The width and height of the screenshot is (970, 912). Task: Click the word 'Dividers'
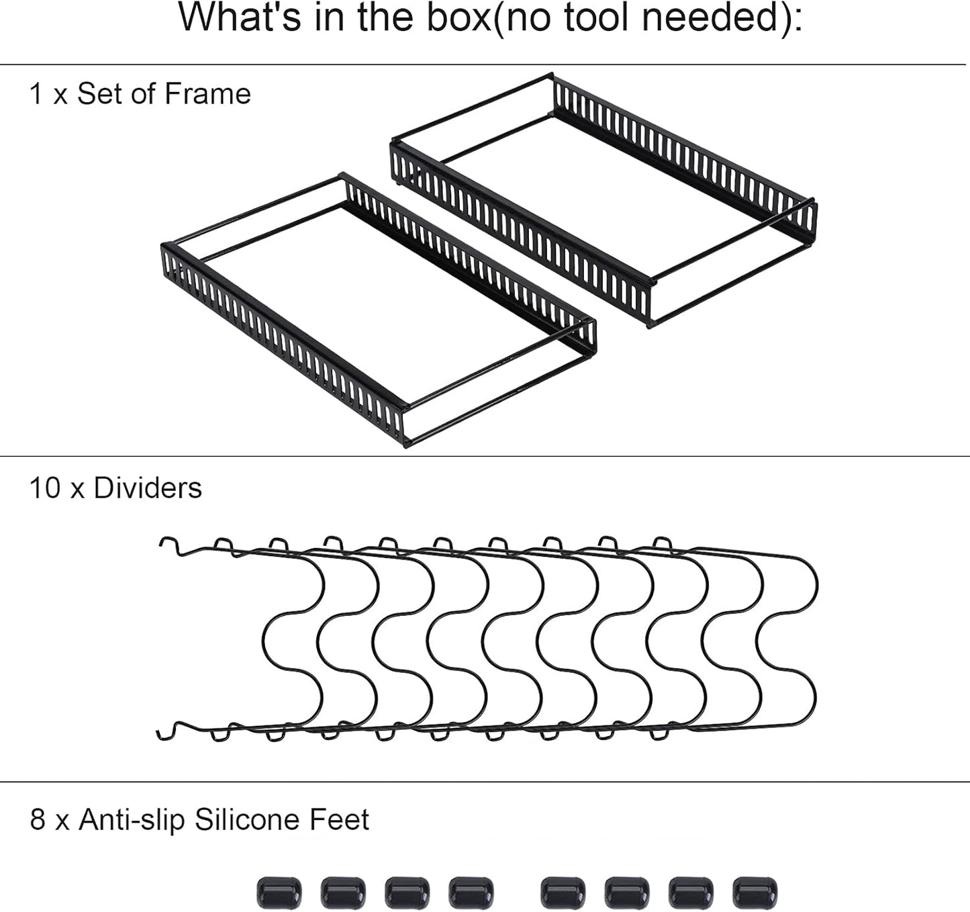pos(148,488)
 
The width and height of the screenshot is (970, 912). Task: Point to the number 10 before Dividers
pos(45,488)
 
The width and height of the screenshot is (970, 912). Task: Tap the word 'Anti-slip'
pos(132,820)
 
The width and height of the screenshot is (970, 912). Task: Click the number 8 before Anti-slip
pos(38,820)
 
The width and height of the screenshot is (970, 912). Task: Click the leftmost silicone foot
pos(279,893)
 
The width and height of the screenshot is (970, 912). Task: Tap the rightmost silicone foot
pos(755,893)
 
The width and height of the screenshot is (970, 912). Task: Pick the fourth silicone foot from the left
pos(471,893)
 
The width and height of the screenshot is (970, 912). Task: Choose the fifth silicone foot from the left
pos(563,893)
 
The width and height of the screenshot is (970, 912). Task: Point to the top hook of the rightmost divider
pos(663,543)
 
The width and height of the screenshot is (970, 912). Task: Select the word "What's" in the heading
pos(240,17)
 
